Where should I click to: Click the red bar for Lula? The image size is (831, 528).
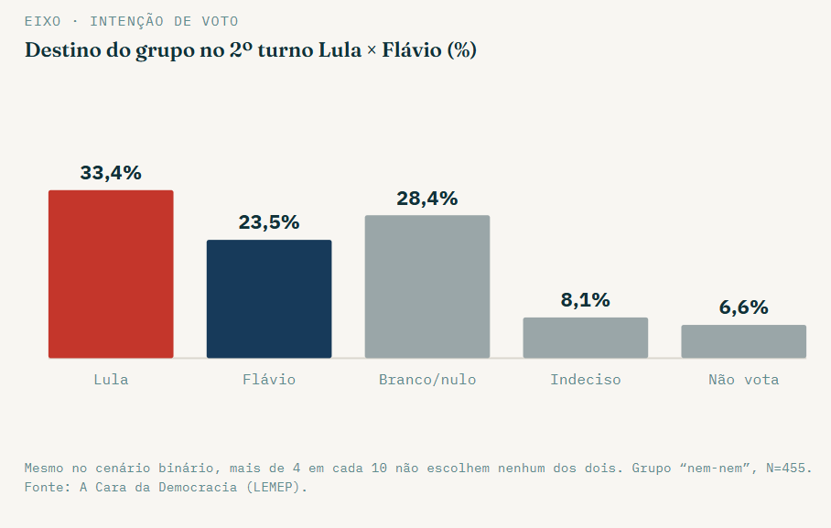pyautogui.click(x=111, y=275)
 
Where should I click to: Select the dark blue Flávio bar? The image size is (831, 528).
pyautogui.click(x=269, y=299)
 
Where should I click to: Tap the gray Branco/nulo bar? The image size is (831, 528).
pyautogui.click(x=427, y=286)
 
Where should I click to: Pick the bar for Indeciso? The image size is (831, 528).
pyautogui.click(x=586, y=338)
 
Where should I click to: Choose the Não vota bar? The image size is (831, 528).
pyautogui.click(x=743, y=341)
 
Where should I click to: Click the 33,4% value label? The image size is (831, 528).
pyautogui.click(x=111, y=173)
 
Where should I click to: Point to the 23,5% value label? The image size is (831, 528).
pyautogui.click(x=269, y=222)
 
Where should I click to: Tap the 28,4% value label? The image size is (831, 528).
pyautogui.click(x=427, y=199)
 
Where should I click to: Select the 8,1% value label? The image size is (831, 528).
pyautogui.click(x=586, y=300)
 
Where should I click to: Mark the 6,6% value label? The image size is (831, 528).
pyautogui.click(x=743, y=308)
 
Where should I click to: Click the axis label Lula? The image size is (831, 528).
pyautogui.click(x=111, y=380)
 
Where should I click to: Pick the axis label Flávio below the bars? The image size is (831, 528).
pyautogui.click(x=269, y=380)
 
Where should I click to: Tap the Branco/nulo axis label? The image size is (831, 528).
pyautogui.click(x=427, y=380)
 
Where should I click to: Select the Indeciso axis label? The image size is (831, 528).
pyautogui.click(x=586, y=380)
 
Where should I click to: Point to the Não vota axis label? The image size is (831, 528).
pyautogui.click(x=743, y=380)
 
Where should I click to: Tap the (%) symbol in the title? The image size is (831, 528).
pyautogui.click(x=461, y=50)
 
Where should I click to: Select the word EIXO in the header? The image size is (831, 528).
pyautogui.click(x=43, y=22)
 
